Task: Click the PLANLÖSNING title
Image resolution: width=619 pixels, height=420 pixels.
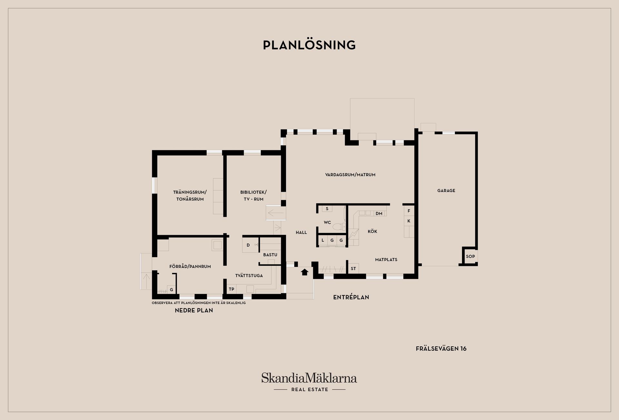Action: pos(309,45)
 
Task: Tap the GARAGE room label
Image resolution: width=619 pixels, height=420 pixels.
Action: pos(446,191)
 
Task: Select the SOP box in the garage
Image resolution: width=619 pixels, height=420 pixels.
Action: pos(470,256)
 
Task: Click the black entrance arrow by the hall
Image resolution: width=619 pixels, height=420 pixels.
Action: pos(304,272)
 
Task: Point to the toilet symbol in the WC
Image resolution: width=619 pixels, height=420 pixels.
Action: pos(338,227)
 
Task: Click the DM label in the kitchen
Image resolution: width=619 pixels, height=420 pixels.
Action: pos(379,214)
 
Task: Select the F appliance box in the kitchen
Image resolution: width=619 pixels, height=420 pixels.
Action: pos(409,211)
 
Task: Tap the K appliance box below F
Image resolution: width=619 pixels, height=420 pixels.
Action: pos(409,221)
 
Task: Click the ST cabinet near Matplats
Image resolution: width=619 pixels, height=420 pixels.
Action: pos(353,268)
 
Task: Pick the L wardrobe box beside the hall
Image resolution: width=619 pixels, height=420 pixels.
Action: pos(323,240)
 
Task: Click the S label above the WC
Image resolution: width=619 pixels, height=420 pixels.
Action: pos(327,209)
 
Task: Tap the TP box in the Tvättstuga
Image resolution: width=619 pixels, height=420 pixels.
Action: pos(231,289)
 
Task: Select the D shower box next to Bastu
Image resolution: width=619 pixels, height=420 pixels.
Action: pos(248,245)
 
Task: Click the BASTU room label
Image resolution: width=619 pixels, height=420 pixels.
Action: pos(270,255)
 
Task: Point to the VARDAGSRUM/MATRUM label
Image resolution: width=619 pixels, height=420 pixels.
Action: pos(350,175)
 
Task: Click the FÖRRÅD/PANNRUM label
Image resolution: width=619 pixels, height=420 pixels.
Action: pos(190,266)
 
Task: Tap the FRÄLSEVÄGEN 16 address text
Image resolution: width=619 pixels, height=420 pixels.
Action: pos(441,349)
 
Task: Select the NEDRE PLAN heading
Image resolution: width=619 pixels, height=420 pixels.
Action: pos(194,311)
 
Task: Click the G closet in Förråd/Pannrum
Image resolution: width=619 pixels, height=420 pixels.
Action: pos(171,290)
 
